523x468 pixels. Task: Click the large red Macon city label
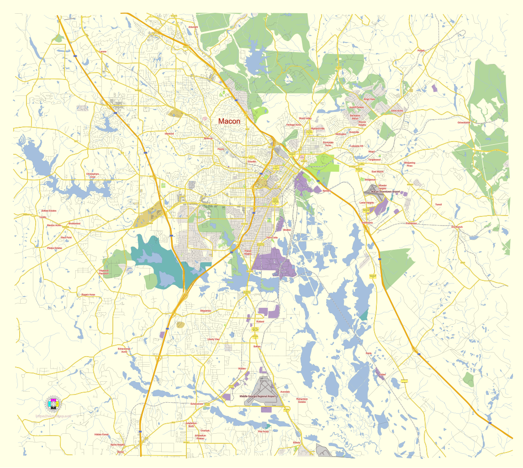click(229, 121)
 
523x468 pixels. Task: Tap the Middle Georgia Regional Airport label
click(259, 396)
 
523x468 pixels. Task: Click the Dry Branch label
click(457, 227)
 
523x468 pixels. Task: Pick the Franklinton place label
click(411, 223)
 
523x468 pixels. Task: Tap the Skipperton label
click(206, 310)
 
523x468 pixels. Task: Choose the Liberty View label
click(213, 339)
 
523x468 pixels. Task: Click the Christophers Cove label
click(92, 175)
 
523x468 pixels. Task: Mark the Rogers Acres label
click(88, 294)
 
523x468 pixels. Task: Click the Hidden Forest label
click(101, 434)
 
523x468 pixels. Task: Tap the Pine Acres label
click(264, 431)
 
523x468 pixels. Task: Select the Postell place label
click(421, 51)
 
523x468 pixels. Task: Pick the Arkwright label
click(193, 27)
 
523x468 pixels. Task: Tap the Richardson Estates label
click(302, 400)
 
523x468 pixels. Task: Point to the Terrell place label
click(438, 205)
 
